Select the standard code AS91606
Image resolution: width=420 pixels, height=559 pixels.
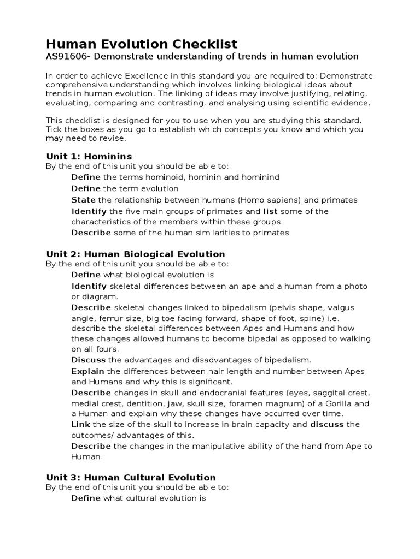pos(67,56)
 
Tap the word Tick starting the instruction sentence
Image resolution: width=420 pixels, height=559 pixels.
pos(54,130)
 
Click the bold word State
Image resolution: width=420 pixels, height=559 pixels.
pos(83,200)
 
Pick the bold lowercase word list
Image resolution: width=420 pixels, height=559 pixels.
pos(271,211)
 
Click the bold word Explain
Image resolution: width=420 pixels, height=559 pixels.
pos(87,371)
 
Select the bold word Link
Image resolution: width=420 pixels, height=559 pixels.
pos(81,424)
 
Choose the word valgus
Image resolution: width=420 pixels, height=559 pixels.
pos(356,307)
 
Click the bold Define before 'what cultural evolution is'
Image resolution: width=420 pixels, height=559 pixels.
pos(86,498)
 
